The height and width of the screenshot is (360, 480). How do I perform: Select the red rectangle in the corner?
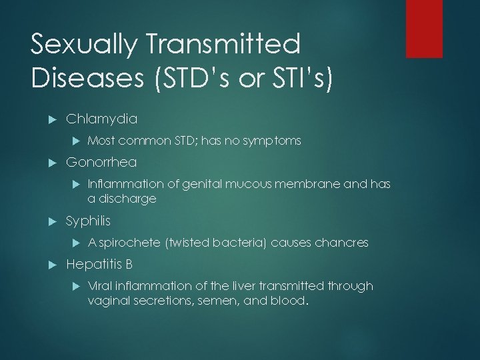(433, 29)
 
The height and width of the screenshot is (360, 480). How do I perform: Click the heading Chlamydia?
(102, 119)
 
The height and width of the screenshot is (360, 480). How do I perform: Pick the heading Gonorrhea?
(101, 163)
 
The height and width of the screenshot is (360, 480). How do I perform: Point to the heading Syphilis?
(89, 221)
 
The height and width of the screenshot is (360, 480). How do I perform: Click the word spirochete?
(131, 243)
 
